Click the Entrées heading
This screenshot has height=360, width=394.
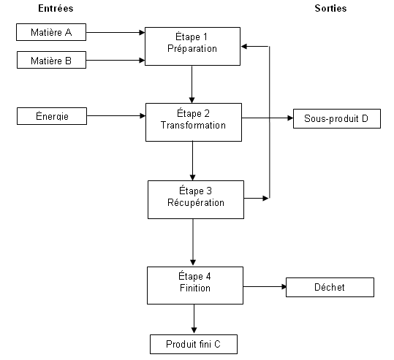pyautogui.click(x=56, y=8)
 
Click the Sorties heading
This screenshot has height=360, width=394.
pyautogui.click(x=330, y=8)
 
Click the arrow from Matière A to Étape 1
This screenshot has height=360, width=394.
pyautogui.click(x=115, y=32)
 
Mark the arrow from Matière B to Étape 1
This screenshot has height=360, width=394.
pyautogui.click(x=115, y=61)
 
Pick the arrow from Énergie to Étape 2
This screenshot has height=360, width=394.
pyautogui.click(x=116, y=115)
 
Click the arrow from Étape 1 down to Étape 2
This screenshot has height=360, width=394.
pyautogui.click(x=192, y=85)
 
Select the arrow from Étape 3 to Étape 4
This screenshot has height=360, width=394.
pyautogui.click(x=193, y=242)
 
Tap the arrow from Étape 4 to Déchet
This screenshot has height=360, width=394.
pyautogui.click(x=265, y=286)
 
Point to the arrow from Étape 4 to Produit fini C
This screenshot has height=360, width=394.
pyautogui.click(x=194, y=319)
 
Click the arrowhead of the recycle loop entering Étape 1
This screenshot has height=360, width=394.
pyautogui.click(x=243, y=47)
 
